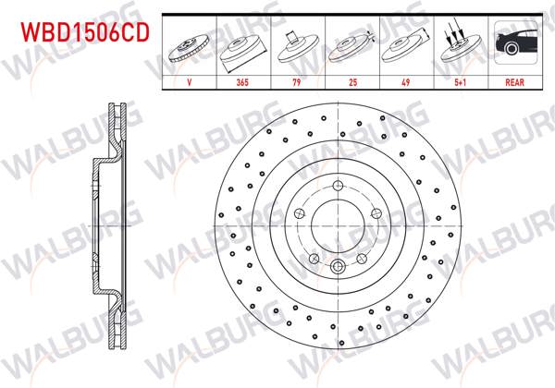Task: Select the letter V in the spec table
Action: point(189,81)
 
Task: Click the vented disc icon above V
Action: point(189,46)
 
